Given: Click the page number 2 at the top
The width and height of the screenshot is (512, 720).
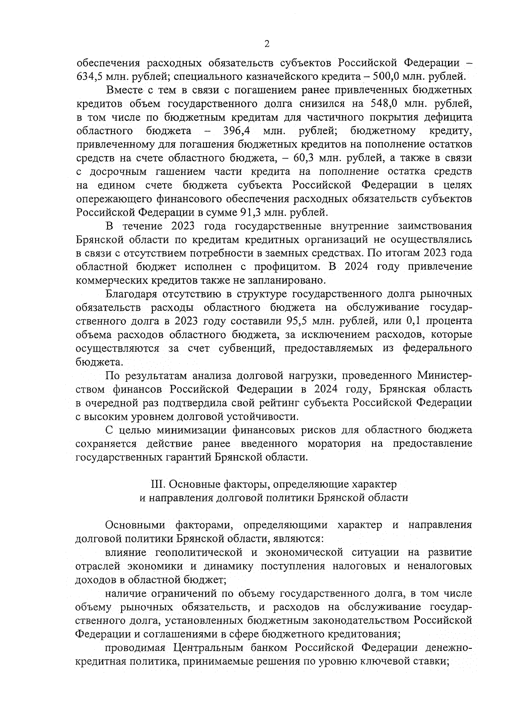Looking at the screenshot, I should pos(267,44).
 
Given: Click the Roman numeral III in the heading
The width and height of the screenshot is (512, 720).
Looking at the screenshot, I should pos(158,484).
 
